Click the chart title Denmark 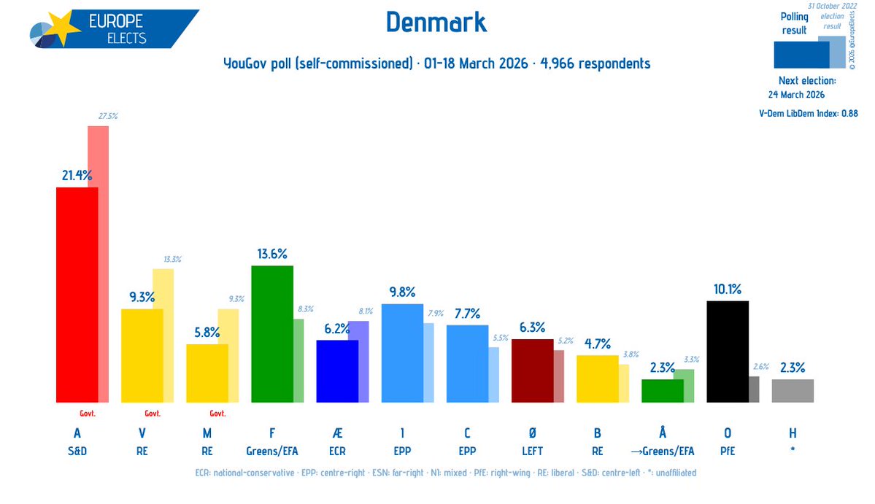[x=436, y=23]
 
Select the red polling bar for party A [x=77, y=295]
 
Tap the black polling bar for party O [x=728, y=352]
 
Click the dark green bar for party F [x=271, y=334]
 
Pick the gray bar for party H [x=793, y=390]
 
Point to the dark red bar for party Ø [x=532, y=371]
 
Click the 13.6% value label [x=272, y=254]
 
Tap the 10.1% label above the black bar [x=728, y=290]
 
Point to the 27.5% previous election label [x=108, y=115]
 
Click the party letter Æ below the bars [x=336, y=433]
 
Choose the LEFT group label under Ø [x=532, y=451]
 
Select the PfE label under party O [x=728, y=451]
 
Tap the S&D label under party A [x=77, y=451]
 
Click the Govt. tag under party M [x=218, y=414]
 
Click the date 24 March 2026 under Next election [x=801, y=95]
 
